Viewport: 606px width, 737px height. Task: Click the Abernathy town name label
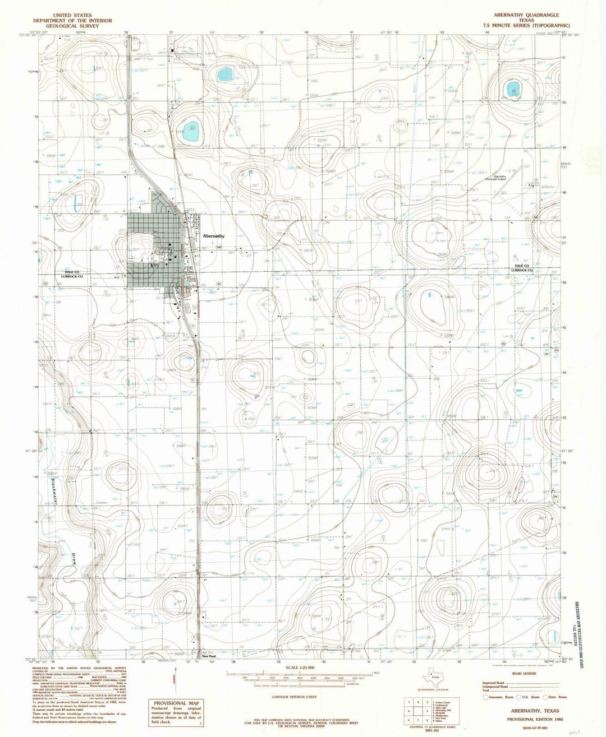tap(213, 236)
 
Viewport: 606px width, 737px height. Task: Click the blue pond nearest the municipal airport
tap(512, 89)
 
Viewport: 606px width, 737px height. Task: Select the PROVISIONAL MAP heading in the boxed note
tap(172, 703)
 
